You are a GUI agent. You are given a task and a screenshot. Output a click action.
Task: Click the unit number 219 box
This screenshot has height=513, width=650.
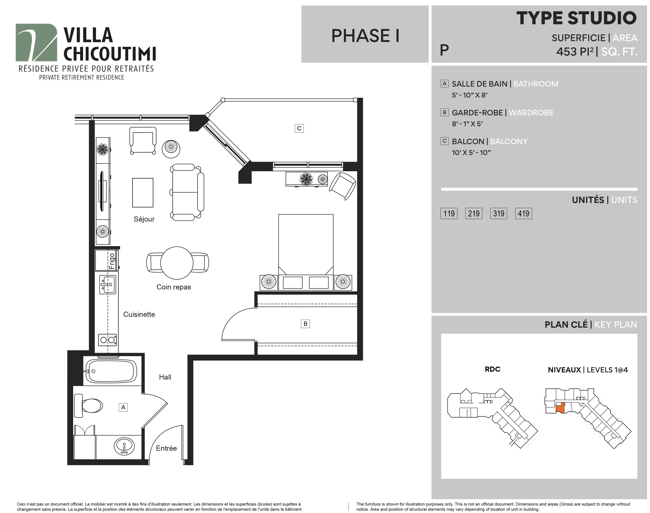pos(474,213)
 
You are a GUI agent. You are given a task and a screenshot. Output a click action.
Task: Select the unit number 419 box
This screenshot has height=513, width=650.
pos(523,213)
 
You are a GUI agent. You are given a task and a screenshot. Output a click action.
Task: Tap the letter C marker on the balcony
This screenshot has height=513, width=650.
pos(299,128)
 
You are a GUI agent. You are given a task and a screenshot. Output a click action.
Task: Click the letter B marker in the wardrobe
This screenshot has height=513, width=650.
pos(305,324)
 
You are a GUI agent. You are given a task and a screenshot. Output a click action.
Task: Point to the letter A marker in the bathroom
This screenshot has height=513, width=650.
pos(123,407)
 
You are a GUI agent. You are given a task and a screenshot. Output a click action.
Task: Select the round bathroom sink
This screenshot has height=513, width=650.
pos(124,446)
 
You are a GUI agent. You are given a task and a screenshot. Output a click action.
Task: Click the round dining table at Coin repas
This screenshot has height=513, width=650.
pos(177,263)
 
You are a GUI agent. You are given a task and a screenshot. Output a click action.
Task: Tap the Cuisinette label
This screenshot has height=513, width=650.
pos(139,314)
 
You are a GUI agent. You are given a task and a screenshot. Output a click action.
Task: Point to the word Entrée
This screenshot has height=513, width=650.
pos(166,448)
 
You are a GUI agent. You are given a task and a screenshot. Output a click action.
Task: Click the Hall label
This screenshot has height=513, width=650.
pos(165,377)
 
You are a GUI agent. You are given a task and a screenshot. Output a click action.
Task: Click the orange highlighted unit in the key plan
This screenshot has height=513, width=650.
pos(560,407)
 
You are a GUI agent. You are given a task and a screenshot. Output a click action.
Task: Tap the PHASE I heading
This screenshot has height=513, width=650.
pos(365,36)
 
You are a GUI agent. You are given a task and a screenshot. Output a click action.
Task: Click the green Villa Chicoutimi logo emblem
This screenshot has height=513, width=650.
pos(36,42)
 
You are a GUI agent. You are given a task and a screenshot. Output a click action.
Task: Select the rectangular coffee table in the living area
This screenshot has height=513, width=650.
pos(143,193)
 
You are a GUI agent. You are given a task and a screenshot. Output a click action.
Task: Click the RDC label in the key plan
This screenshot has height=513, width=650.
pos(492,369)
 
